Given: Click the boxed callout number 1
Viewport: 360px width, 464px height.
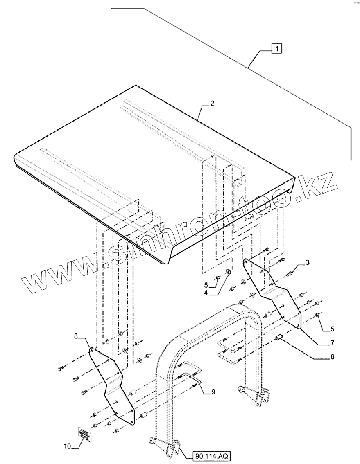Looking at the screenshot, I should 277,48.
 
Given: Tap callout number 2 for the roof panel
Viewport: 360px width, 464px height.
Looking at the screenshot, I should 211,104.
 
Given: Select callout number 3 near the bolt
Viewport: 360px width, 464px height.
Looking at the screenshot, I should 308,262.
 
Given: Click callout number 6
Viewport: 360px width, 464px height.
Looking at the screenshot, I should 332,357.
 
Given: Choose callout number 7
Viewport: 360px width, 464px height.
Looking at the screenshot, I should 332,342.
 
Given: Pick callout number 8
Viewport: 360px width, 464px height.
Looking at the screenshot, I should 76,336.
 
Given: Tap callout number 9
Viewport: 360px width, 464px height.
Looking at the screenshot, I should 213,392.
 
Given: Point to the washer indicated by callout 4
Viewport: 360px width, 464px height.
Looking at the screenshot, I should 228,272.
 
